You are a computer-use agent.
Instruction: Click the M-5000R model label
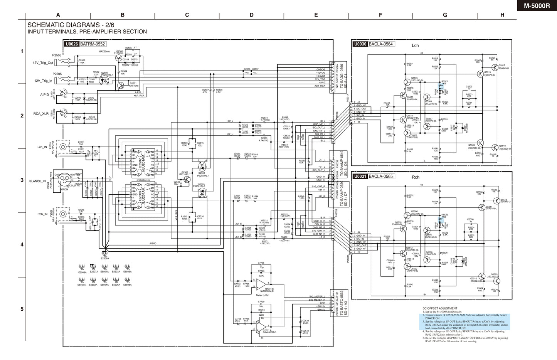(537, 6)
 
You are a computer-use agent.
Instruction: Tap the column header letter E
(316, 15)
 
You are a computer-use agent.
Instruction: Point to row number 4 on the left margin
(22, 244)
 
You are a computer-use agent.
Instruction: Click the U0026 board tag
(71, 44)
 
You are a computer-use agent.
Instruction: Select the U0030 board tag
(360, 44)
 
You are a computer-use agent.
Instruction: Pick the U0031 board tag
(360, 176)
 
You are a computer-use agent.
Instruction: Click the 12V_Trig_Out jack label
(43, 62)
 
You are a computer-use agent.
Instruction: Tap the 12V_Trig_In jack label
(42, 81)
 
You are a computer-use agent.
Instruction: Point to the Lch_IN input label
(42, 147)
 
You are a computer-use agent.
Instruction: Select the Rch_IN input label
(42, 214)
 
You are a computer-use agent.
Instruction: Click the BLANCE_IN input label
(37, 181)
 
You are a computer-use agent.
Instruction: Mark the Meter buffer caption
(263, 295)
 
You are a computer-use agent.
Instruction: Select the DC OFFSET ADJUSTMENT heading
(439, 308)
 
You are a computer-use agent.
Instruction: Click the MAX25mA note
(104, 51)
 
